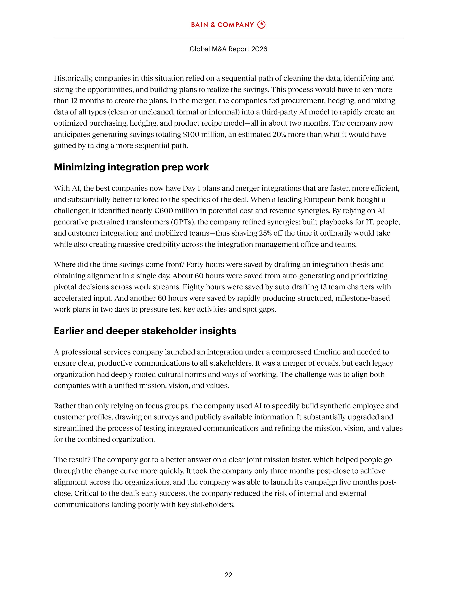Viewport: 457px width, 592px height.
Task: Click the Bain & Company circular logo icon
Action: [261, 25]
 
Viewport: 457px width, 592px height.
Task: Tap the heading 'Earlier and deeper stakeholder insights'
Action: [145, 331]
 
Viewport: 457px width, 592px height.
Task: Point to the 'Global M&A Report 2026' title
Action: [228, 49]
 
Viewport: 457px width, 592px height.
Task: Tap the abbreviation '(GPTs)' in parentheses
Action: [183, 222]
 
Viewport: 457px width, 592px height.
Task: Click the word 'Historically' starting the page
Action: [73, 78]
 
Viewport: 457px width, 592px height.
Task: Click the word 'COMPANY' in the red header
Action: [235, 25]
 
